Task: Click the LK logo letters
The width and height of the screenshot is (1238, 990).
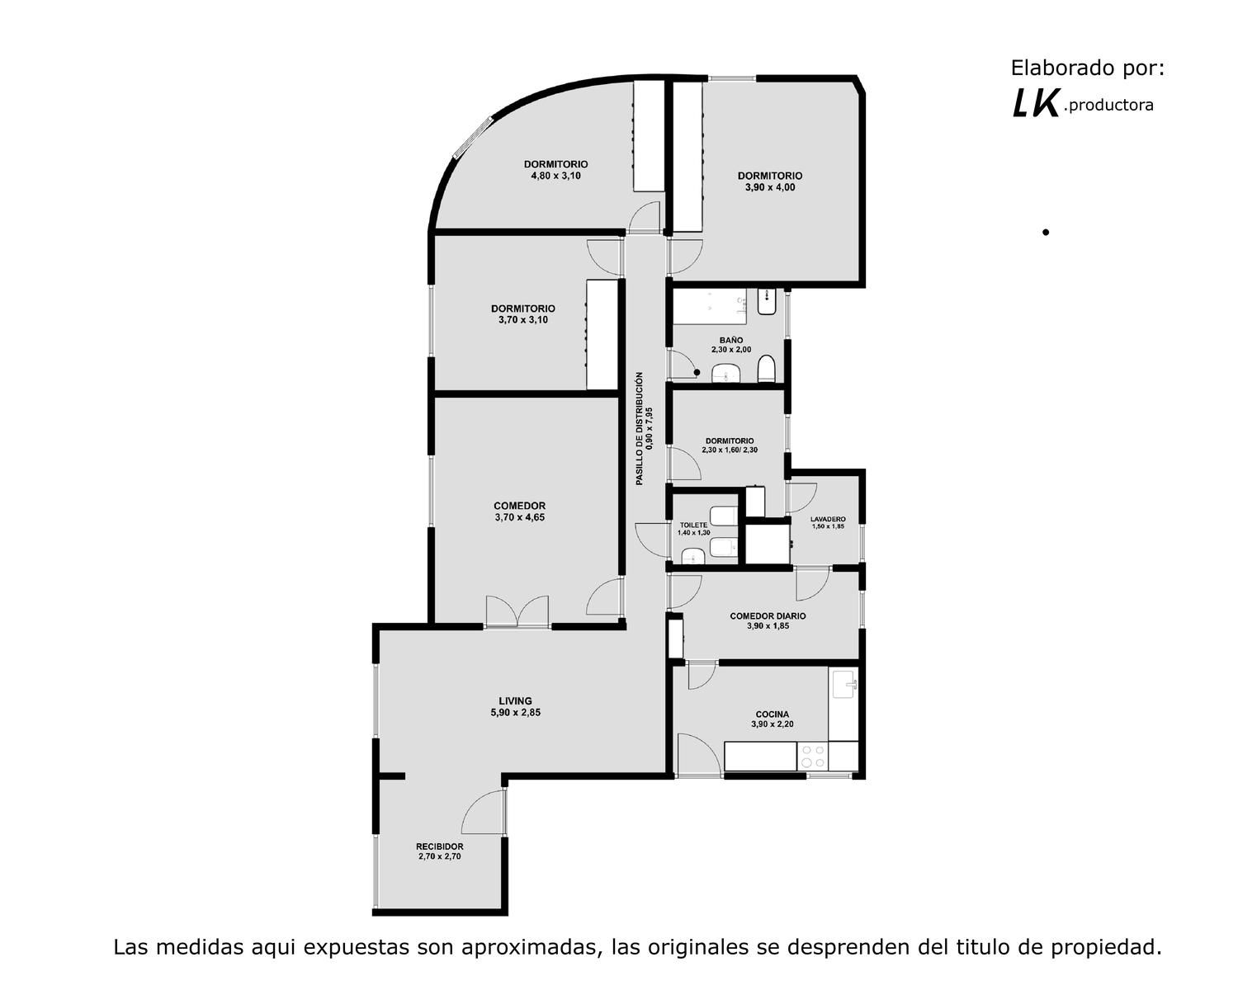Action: coord(1035,105)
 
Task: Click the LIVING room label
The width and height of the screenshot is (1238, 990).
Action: coord(516,700)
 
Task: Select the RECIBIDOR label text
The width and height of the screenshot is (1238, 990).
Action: coord(440,846)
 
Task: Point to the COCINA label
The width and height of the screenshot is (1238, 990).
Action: coord(772,714)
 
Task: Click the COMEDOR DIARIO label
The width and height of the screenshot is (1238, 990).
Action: coord(768,616)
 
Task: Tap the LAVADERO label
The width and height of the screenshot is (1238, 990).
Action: coord(828,519)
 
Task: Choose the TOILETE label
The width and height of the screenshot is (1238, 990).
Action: coord(693,526)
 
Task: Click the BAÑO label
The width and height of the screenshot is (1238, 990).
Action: coord(731,340)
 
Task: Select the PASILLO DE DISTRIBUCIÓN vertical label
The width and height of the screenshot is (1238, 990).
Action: coord(639,429)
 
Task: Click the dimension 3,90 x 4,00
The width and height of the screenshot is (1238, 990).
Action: coord(770,187)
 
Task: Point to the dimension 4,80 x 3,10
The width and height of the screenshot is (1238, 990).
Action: coord(555,176)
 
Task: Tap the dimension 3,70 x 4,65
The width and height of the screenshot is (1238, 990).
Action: coord(519,517)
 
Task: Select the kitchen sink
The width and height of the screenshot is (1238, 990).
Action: coord(844,684)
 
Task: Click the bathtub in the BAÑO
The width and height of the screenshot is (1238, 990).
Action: coord(710,306)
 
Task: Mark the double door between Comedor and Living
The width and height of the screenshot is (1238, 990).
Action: coord(517,611)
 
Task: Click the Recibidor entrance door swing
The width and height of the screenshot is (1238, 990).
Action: coord(484,811)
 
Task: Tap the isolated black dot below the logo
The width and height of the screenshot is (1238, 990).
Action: coord(1046,233)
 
